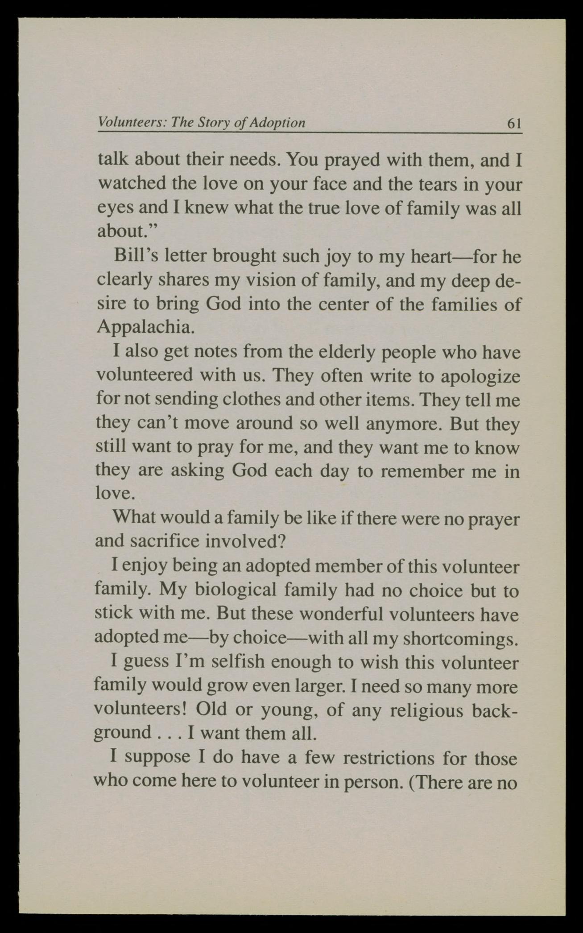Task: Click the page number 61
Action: pos(514,124)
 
